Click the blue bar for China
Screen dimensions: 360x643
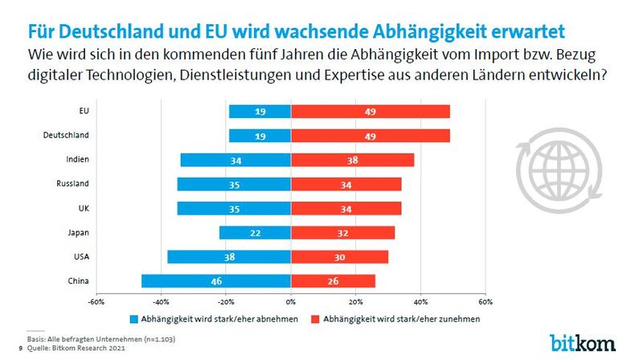pyautogui.click(x=215, y=281)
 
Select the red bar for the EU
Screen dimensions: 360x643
pyautogui.click(x=370, y=111)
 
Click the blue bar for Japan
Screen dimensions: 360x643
pyautogui.click(x=254, y=233)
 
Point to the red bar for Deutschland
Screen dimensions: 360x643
pyautogui.click(x=370, y=136)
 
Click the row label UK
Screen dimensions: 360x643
pyautogui.click(x=84, y=208)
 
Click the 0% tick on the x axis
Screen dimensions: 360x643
pyautogui.click(x=290, y=302)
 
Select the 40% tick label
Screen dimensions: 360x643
pyautogui.click(x=420, y=302)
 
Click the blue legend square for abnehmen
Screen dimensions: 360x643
pyautogui.click(x=134, y=319)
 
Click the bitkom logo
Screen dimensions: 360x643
pyautogui.click(x=582, y=341)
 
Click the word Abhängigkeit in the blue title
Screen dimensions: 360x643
pyautogui.click(x=448, y=31)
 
